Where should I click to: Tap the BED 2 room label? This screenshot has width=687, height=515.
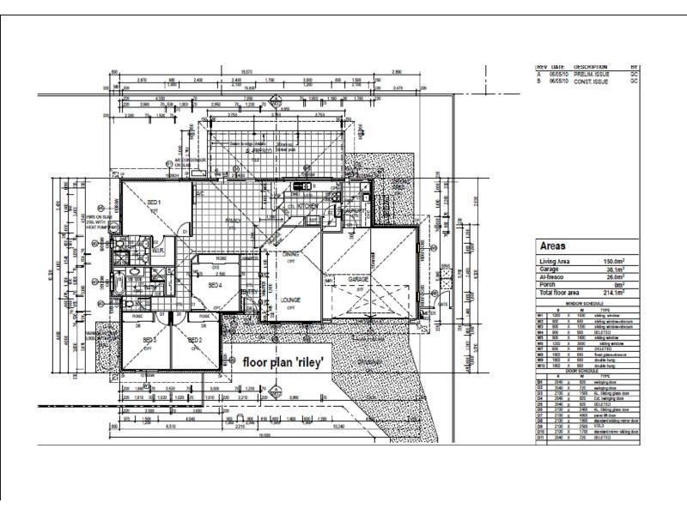click(195, 340)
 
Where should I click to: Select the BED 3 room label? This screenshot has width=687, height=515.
click(149, 340)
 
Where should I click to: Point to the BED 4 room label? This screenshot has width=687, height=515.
click(215, 285)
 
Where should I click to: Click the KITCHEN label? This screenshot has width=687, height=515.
click(308, 207)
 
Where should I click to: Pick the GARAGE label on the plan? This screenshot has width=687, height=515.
click(358, 281)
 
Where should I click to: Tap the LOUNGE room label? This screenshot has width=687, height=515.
click(291, 300)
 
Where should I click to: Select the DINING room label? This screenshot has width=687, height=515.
click(291, 254)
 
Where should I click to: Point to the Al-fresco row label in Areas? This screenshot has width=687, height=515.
click(550, 277)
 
